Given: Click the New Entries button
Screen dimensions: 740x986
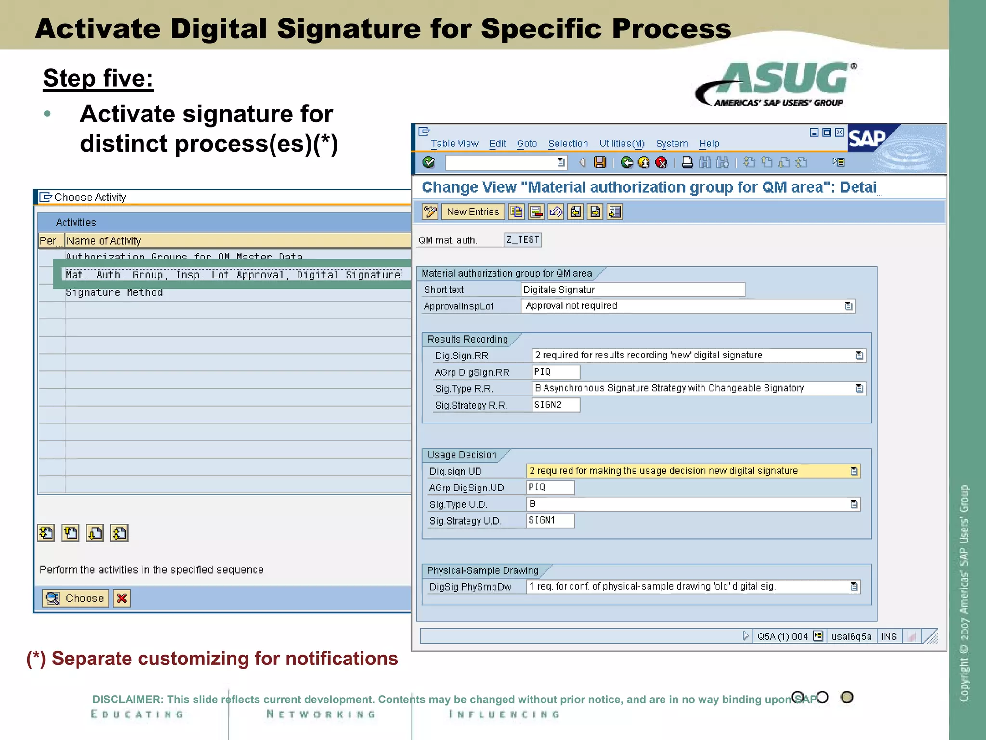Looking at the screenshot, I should pyautogui.click(x=473, y=212).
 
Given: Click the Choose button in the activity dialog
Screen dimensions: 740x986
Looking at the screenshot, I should pyautogui.click(x=76, y=598).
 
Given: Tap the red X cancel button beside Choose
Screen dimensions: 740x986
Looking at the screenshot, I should pyautogui.click(x=122, y=598).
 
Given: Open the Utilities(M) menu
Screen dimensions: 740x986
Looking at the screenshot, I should pyautogui.click(x=622, y=144).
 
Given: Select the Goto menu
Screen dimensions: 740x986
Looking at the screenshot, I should pyautogui.click(x=527, y=144).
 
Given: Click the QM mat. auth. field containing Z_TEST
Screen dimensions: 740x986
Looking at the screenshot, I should pyautogui.click(x=523, y=240).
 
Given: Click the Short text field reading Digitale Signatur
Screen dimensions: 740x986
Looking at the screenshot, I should pyautogui.click(x=633, y=290).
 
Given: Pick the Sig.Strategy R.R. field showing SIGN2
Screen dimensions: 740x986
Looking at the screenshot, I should pyautogui.click(x=556, y=405).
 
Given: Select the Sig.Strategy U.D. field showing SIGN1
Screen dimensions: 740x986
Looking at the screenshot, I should pyautogui.click(x=550, y=521).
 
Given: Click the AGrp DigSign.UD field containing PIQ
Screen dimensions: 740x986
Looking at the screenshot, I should pyautogui.click(x=550, y=488).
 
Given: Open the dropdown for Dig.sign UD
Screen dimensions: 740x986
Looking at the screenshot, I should pyautogui.click(x=854, y=471).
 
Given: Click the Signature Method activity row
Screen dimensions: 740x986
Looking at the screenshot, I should pyautogui.click(x=115, y=292).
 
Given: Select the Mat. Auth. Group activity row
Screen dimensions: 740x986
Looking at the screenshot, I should pyautogui.click(x=234, y=275).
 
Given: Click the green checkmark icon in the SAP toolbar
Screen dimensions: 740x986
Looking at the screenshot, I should pyautogui.click(x=428, y=162).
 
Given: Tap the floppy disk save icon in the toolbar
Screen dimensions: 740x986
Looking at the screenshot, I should pyautogui.click(x=600, y=162).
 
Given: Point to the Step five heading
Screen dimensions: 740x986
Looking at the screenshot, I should pyautogui.click(x=98, y=78).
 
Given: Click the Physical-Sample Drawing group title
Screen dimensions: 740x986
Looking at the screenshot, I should pyautogui.click(x=482, y=571).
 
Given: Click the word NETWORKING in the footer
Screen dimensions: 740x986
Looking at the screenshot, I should pyautogui.click(x=321, y=714).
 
